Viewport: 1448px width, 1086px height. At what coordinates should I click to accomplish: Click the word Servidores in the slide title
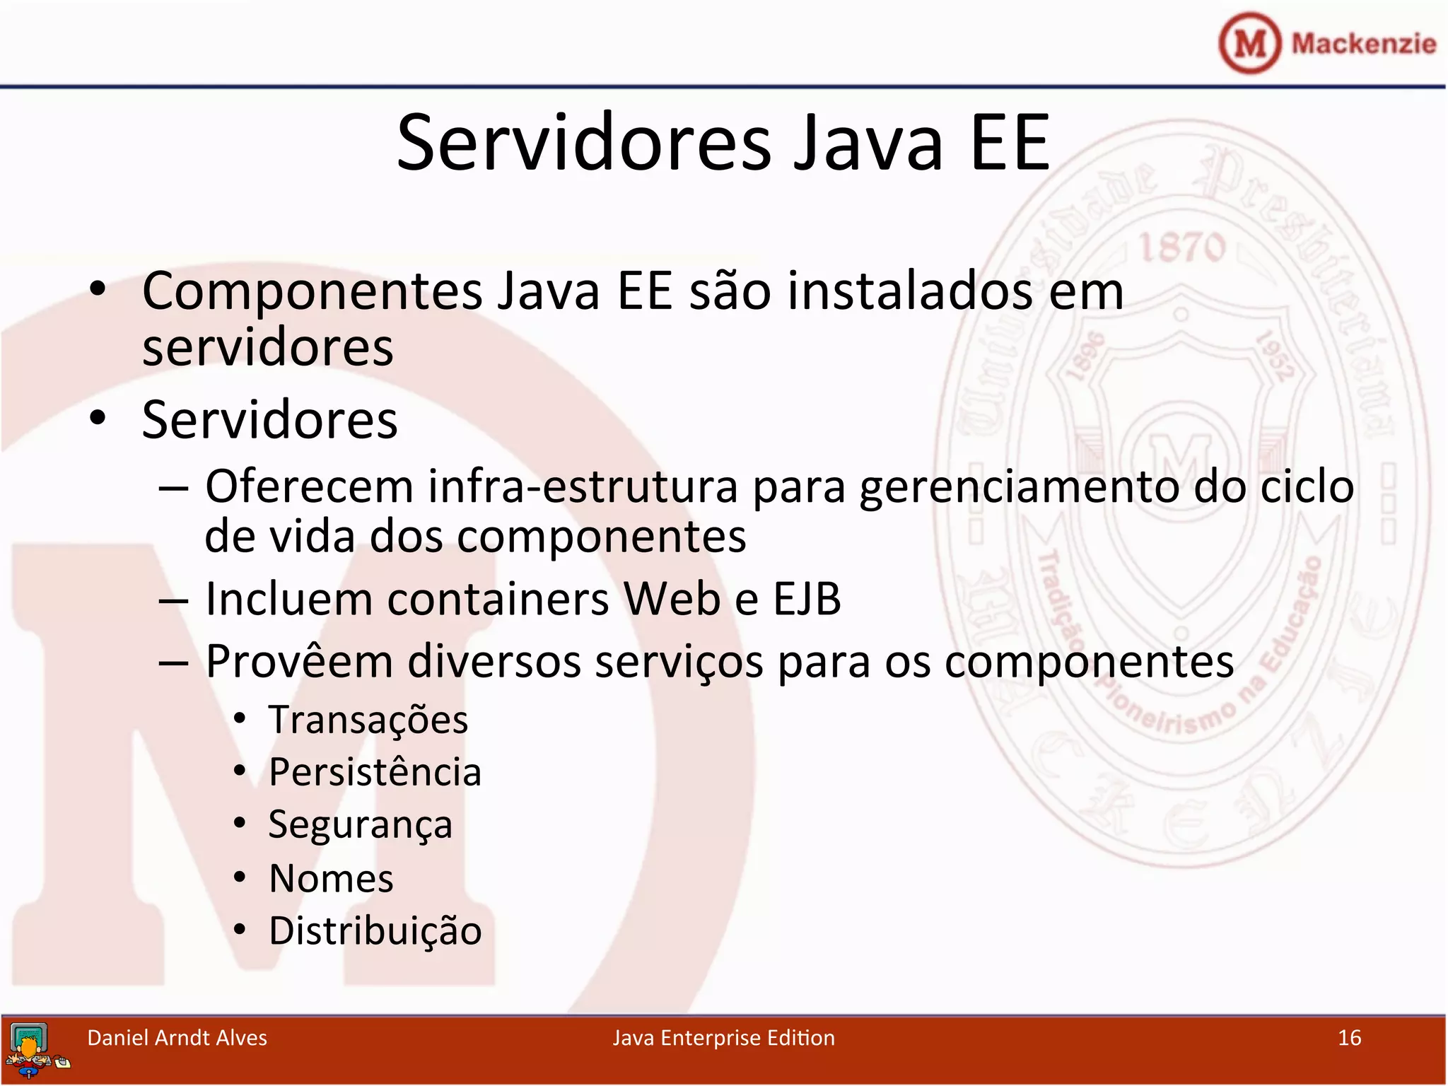click(x=584, y=144)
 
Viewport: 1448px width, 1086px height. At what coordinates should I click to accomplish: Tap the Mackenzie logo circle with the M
click(x=1249, y=43)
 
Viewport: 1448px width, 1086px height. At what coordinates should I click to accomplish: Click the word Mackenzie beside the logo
click(x=1363, y=43)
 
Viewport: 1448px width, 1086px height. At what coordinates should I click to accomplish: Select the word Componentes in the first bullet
click(x=312, y=291)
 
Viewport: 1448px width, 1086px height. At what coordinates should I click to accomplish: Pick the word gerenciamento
click(x=1018, y=487)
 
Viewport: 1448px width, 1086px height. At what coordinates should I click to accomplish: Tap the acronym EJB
click(x=807, y=599)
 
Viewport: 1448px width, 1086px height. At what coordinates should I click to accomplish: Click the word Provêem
click(x=299, y=662)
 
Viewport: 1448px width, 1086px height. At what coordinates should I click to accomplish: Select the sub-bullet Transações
click(x=368, y=720)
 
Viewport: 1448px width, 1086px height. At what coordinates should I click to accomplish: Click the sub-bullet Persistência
click(x=375, y=772)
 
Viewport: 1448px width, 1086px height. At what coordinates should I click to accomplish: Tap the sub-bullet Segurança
click(x=360, y=825)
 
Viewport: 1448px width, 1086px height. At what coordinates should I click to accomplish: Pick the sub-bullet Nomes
click(x=331, y=879)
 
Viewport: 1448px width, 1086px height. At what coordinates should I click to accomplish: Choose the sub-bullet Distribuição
click(x=375, y=931)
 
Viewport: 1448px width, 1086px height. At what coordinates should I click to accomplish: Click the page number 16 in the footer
click(x=1349, y=1038)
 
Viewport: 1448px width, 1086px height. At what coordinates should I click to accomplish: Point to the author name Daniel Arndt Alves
click(x=177, y=1038)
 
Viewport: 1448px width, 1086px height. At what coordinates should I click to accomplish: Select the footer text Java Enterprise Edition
click(x=723, y=1038)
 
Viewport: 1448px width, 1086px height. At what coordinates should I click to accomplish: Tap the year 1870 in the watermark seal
click(x=1181, y=248)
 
